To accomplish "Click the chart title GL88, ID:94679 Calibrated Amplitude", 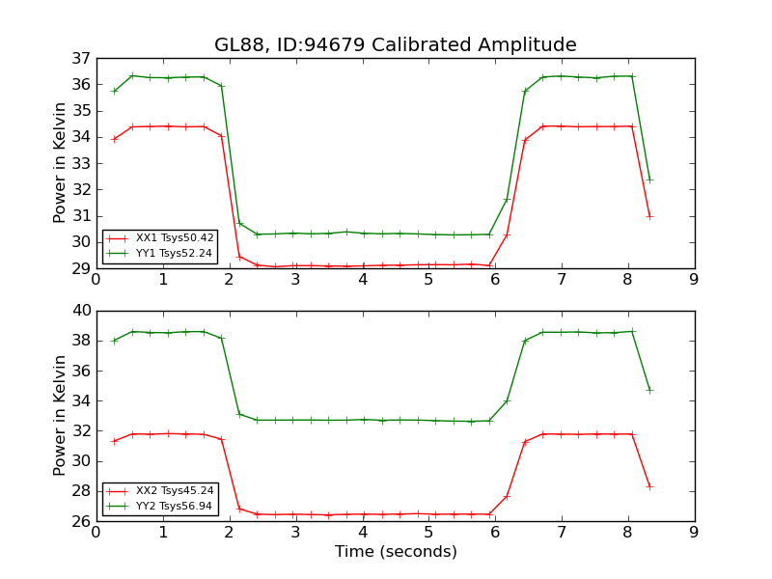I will tap(395, 44).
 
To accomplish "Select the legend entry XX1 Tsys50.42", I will tap(175, 237).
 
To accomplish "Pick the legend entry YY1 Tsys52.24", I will tap(175, 253).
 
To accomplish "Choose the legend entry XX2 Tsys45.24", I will tap(175, 490).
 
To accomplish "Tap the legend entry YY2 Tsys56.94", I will tap(175, 505).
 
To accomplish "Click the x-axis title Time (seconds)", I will tap(396, 552).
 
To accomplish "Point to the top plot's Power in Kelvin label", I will tap(60, 163).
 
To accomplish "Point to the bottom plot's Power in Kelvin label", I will tap(60, 416).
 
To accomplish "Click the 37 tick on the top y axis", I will tap(80, 58).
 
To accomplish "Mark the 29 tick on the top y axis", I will tap(80, 268).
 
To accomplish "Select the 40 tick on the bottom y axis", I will tap(80, 311).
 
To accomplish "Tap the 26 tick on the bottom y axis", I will tap(80, 521).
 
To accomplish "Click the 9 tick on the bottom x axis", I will tap(694, 533).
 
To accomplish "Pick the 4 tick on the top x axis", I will tap(363, 280).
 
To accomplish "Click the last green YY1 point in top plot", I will tap(649, 179).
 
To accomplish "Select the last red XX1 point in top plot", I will tap(649, 216).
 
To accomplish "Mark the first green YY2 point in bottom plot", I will tap(115, 341).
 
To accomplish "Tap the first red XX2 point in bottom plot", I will tap(115, 441).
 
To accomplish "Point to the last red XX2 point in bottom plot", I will tap(649, 486).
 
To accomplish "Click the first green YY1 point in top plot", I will tap(115, 91).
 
